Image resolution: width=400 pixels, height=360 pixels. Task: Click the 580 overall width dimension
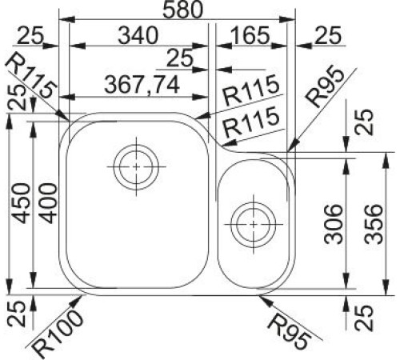pos(180,10)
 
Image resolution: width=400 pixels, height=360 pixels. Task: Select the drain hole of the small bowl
pos(252,217)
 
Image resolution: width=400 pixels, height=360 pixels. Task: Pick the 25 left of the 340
pos(30,34)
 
